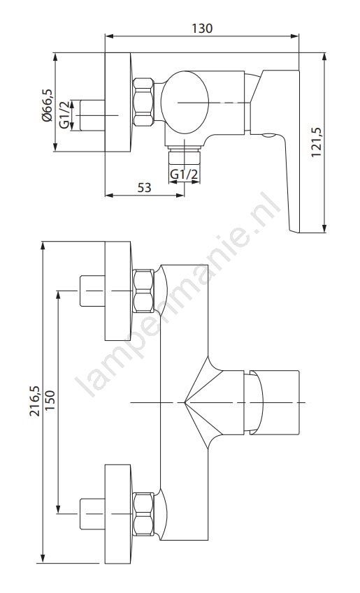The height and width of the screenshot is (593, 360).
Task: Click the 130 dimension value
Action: point(202,29)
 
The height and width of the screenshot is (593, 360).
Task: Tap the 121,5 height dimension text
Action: point(316,142)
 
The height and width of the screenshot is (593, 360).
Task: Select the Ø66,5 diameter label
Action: point(47,105)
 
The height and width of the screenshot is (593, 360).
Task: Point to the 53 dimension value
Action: point(144,187)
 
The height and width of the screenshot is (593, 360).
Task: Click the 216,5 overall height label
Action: point(35,401)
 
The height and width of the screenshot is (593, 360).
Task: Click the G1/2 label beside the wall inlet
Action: point(65,115)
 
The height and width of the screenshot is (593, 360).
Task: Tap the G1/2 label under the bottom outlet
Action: point(184,175)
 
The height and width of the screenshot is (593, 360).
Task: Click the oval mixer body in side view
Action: point(185,102)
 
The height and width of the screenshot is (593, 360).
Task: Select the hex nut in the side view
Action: point(143,102)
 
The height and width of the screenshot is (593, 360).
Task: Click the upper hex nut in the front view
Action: point(143,291)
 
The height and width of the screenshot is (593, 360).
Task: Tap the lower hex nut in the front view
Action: point(143,514)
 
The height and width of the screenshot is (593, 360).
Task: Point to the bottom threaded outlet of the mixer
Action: point(184,156)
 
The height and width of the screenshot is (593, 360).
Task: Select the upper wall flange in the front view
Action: point(118,291)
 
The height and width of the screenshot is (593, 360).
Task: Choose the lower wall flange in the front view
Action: point(118,514)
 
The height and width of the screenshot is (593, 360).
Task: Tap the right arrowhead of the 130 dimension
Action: point(295,36)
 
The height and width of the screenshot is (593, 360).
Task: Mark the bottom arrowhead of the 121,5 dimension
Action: point(324,228)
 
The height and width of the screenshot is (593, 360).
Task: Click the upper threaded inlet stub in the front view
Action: point(92,291)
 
